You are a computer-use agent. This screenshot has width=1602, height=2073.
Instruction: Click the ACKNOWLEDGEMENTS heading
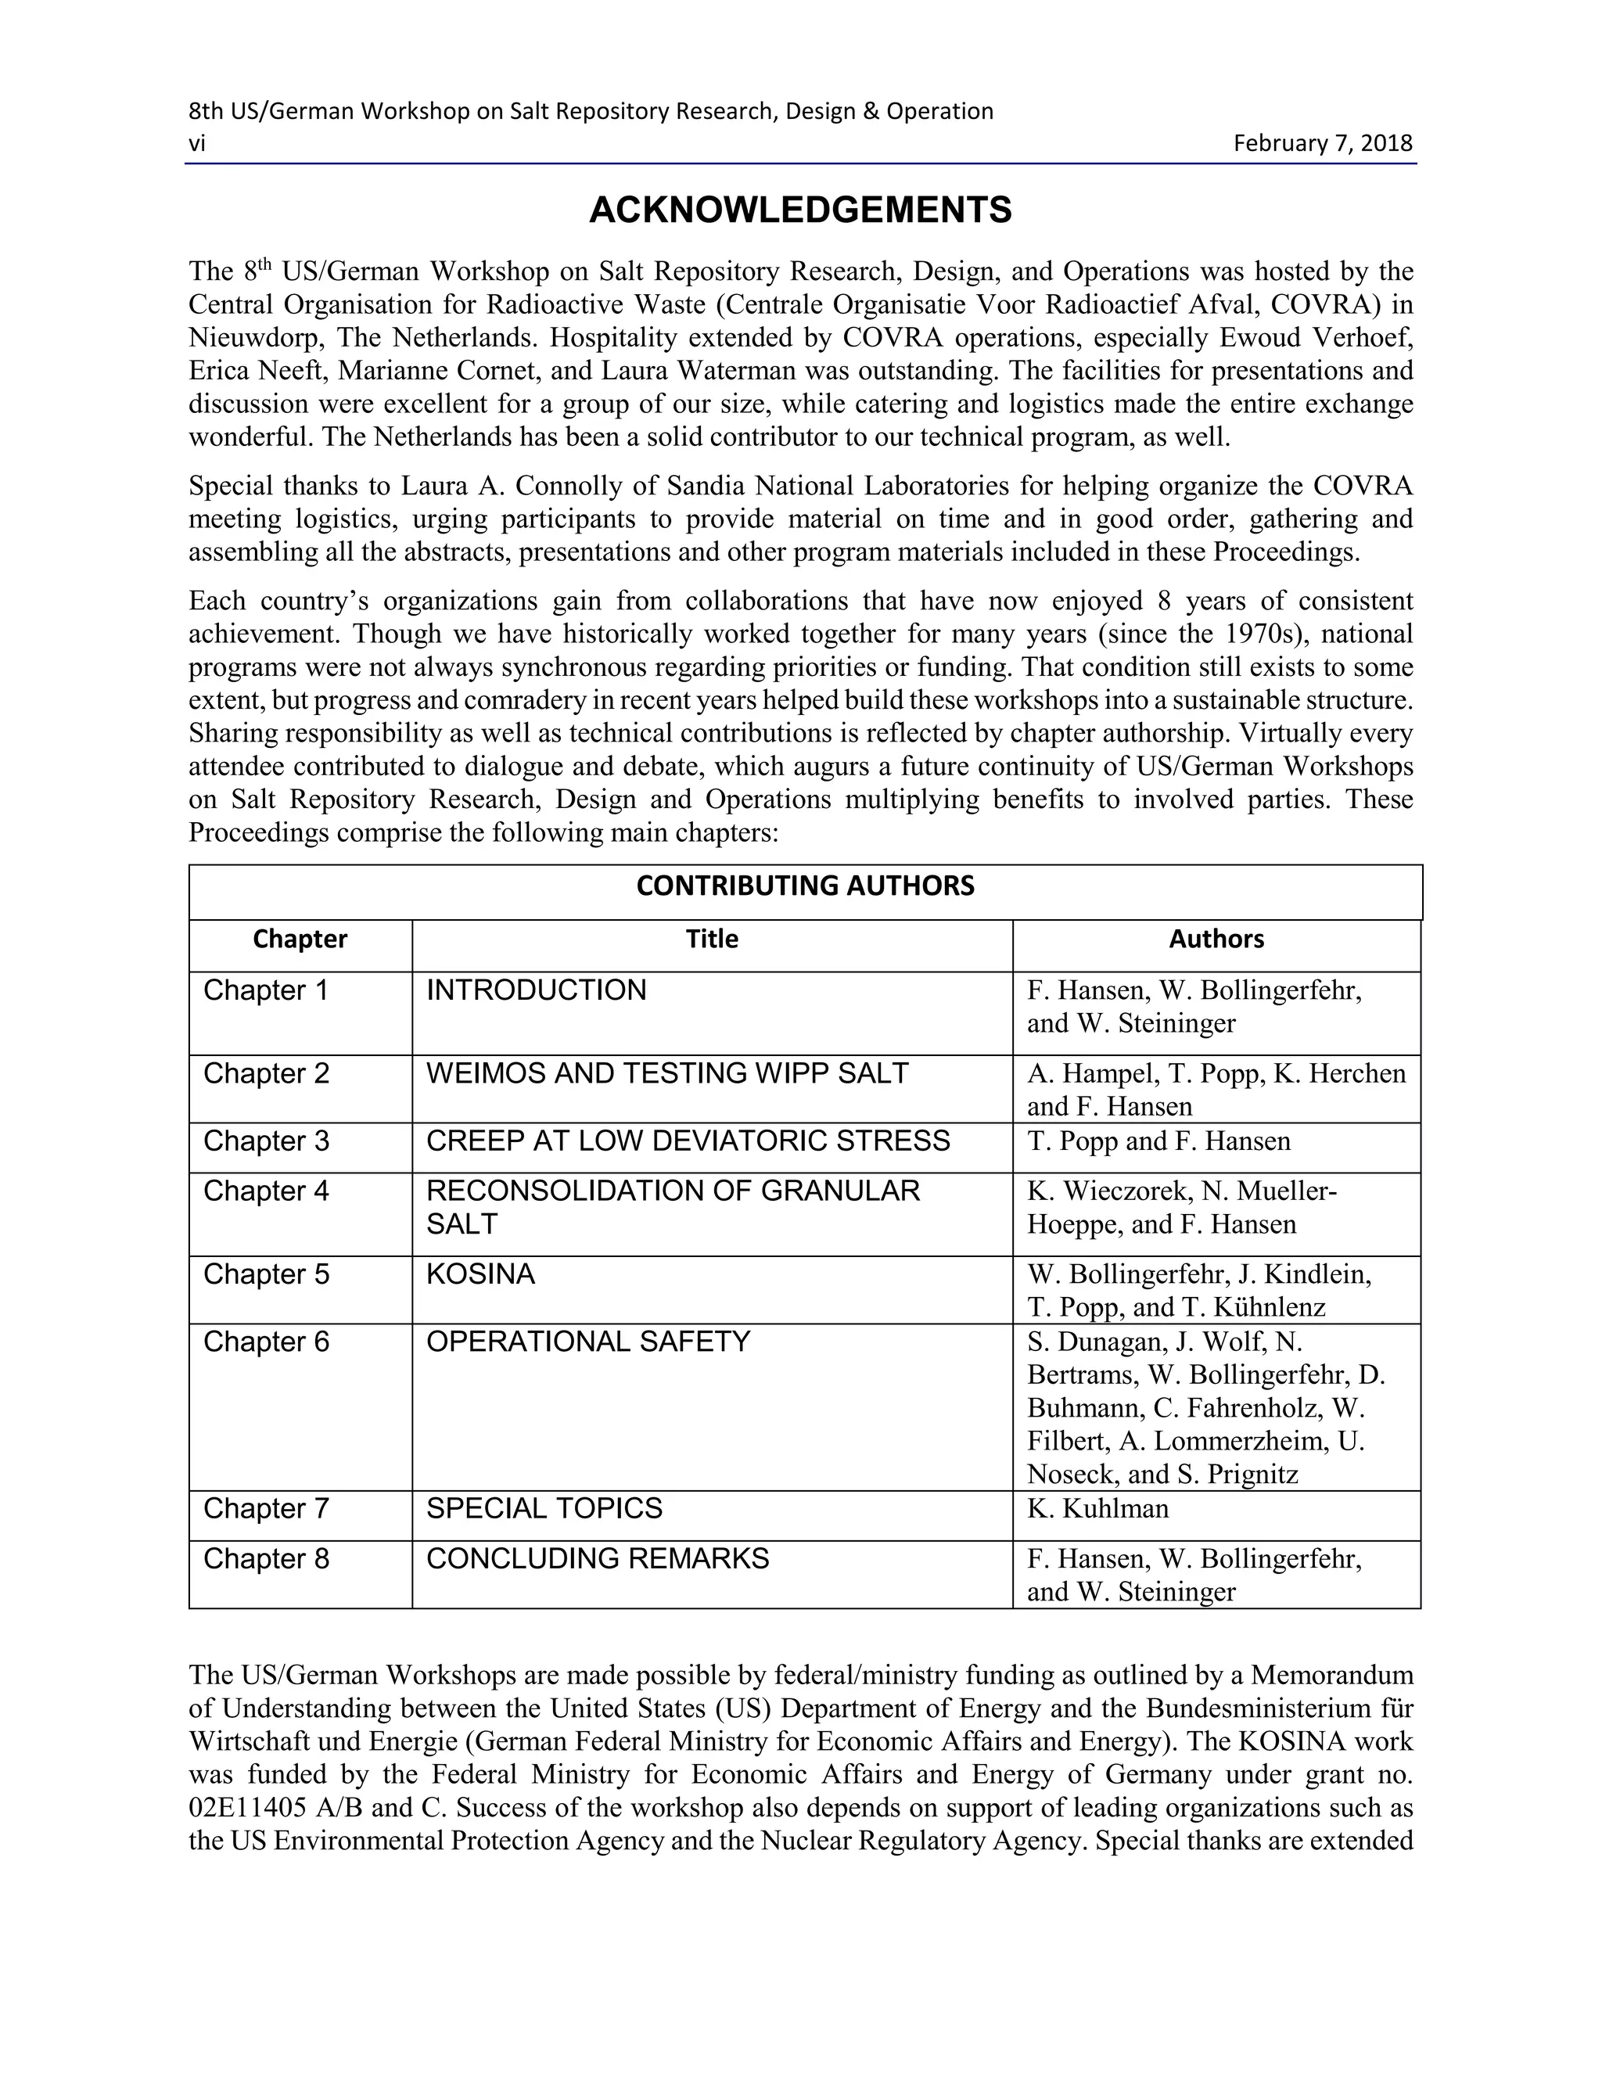click(800, 210)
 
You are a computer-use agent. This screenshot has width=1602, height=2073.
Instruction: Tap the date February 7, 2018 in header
click(1322, 143)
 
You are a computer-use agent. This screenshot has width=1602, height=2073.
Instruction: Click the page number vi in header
click(196, 143)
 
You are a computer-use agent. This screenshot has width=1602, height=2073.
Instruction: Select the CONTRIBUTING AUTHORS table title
click(805, 886)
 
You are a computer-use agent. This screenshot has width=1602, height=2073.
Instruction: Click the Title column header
click(712, 939)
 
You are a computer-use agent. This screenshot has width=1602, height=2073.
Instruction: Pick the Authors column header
click(1216, 939)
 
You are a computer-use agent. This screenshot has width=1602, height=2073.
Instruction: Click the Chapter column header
click(300, 939)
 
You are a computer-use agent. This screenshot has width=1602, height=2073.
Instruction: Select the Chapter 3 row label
click(266, 1140)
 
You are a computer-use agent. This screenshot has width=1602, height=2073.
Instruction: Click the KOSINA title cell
click(480, 1273)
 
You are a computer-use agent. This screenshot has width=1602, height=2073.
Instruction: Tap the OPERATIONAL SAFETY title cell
click(587, 1341)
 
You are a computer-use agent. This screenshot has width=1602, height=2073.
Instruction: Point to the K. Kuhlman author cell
click(1097, 1508)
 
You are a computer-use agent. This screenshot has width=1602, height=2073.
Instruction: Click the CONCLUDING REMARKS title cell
click(597, 1558)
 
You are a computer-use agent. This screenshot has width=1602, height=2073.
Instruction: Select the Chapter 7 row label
click(266, 1508)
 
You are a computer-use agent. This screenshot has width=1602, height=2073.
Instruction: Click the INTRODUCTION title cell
click(535, 990)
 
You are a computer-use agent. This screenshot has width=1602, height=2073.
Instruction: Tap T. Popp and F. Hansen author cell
click(1158, 1140)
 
